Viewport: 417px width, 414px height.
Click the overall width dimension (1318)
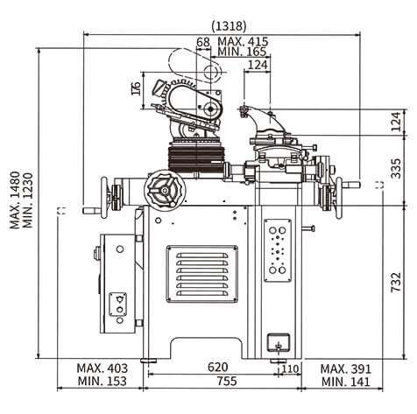[x=229, y=26]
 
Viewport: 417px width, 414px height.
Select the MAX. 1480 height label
[x=15, y=200]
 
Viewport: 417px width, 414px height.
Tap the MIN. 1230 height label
[x=28, y=200]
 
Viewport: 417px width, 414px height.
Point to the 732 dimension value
[x=396, y=282]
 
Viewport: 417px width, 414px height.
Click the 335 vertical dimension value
[x=396, y=168]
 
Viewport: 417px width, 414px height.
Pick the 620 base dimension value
[x=217, y=367]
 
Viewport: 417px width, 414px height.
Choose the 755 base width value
[x=227, y=381]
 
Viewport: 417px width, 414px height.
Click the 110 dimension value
[x=290, y=368]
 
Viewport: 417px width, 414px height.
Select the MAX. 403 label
[x=102, y=368]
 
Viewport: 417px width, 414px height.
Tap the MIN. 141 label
[x=346, y=382]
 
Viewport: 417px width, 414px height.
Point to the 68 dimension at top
[x=203, y=42]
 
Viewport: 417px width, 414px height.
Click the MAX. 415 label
[x=243, y=41]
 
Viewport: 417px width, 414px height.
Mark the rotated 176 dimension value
[x=136, y=88]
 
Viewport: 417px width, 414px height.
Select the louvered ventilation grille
[x=202, y=274]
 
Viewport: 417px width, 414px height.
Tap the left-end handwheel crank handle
[x=91, y=210]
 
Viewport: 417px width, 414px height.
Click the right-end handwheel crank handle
[x=351, y=185]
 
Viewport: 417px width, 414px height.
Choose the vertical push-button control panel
[x=278, y=250]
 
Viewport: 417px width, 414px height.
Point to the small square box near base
[x=279, y=343]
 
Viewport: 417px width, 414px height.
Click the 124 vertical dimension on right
[x=396, y=122]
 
